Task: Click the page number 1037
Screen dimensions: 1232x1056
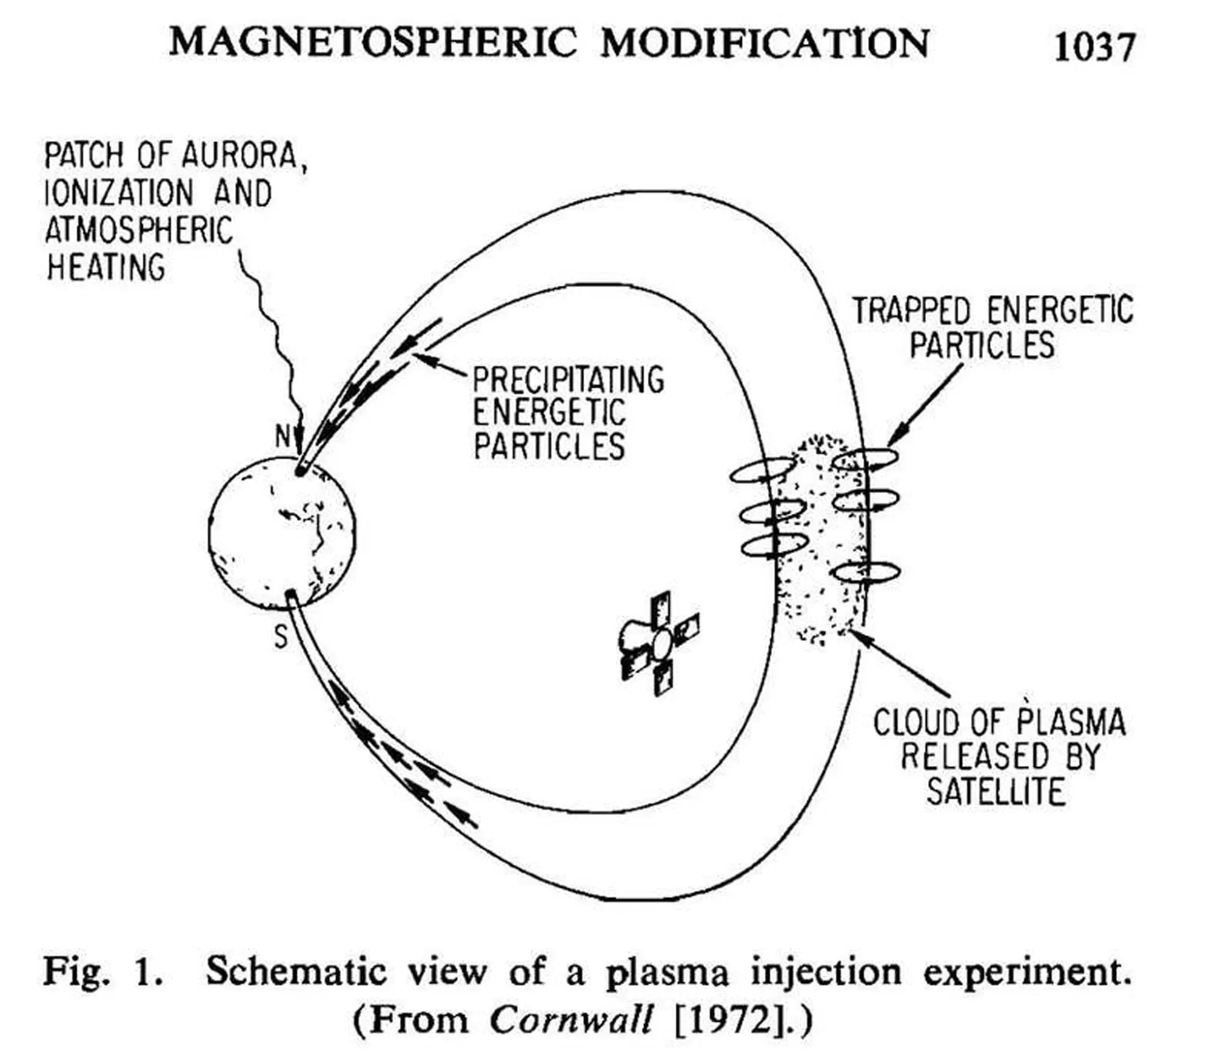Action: point(1094,47)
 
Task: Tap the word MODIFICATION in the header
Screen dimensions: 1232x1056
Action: point(765,43)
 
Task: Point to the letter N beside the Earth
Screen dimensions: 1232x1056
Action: point(283,436)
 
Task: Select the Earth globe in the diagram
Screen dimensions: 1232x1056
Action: point(282,532)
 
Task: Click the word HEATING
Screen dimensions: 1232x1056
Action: point(106,268)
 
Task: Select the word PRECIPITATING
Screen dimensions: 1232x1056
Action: point(568,380)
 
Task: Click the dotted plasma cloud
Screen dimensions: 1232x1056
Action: point(821,538)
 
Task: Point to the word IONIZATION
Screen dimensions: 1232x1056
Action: point(119,194)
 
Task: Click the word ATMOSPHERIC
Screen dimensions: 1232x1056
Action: point(138,230)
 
